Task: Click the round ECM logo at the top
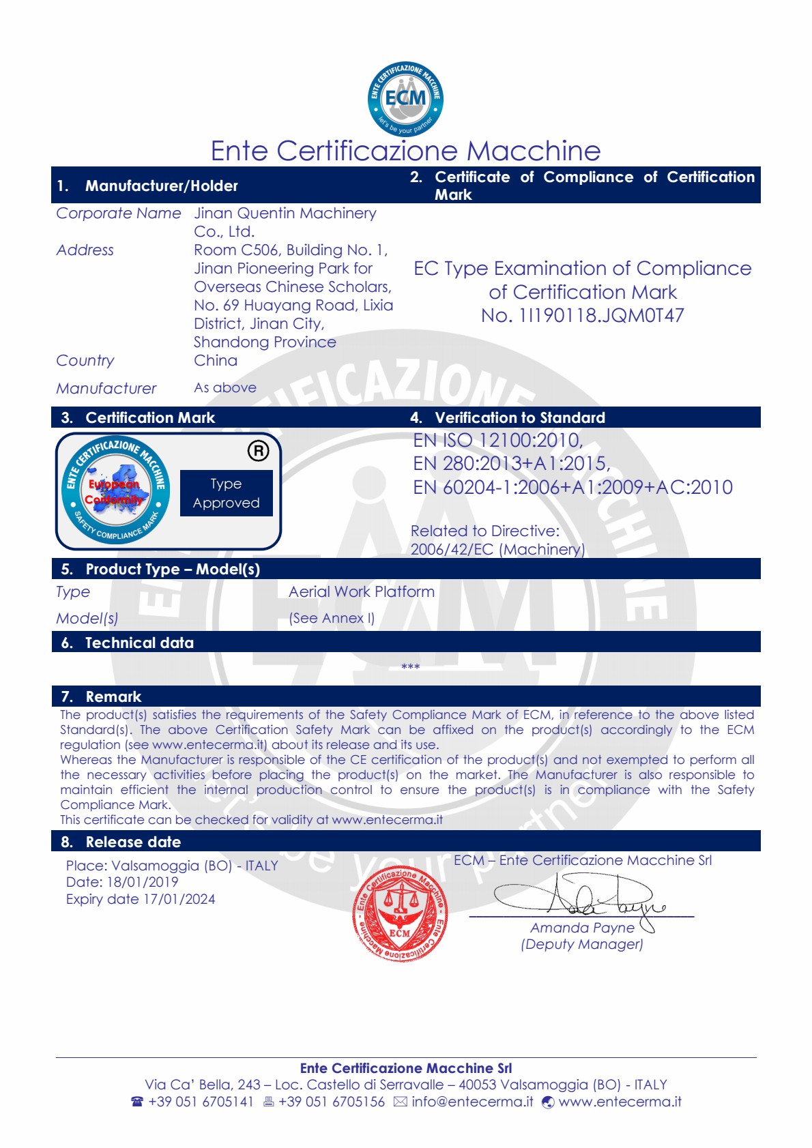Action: click(405, 99)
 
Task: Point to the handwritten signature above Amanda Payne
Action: click(580, 896)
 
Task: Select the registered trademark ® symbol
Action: click(258, 451)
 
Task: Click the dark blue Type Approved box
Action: click(226, 493)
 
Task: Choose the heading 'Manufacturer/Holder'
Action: click(161, 186)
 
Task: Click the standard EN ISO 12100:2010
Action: click(497, 441)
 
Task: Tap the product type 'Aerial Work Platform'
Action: click(361, 592)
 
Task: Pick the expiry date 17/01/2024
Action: click(179, 899)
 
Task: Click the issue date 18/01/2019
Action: click(142, 882)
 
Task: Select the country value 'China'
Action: click(216, 361)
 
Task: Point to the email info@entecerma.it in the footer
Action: click(472, 1102)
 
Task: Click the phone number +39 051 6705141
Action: click(201, 1102)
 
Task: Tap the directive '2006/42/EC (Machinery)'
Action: click(497, 550)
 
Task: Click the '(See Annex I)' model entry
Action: click(332, 618)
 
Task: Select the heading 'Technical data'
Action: click(139, 643)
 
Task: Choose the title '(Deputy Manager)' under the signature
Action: click(581, 944)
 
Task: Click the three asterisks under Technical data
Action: click(410, 666)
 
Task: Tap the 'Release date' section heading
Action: click(133, 842)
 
